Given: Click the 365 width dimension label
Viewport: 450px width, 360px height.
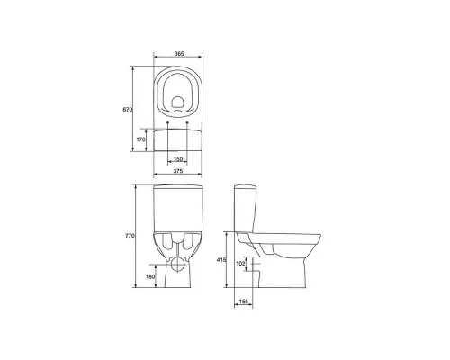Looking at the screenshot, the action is click(179, 54).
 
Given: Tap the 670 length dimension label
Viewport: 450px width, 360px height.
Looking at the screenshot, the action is click(127, 110).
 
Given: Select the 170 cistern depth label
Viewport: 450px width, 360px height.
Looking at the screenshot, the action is click(140, 139).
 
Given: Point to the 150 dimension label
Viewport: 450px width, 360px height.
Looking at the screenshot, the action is click(178, 159).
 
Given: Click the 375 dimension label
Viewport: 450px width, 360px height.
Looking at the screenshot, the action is click(178, 171).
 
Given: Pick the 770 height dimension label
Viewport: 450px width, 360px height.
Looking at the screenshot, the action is click(130, 236).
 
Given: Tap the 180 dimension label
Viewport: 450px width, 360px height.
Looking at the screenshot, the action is click(150, 276).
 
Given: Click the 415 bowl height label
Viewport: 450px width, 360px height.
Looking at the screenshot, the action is click(221, 260).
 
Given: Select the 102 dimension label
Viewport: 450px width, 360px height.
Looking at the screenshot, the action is click(240, 264).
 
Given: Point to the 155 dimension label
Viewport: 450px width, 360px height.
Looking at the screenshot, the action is click(244, 301).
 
